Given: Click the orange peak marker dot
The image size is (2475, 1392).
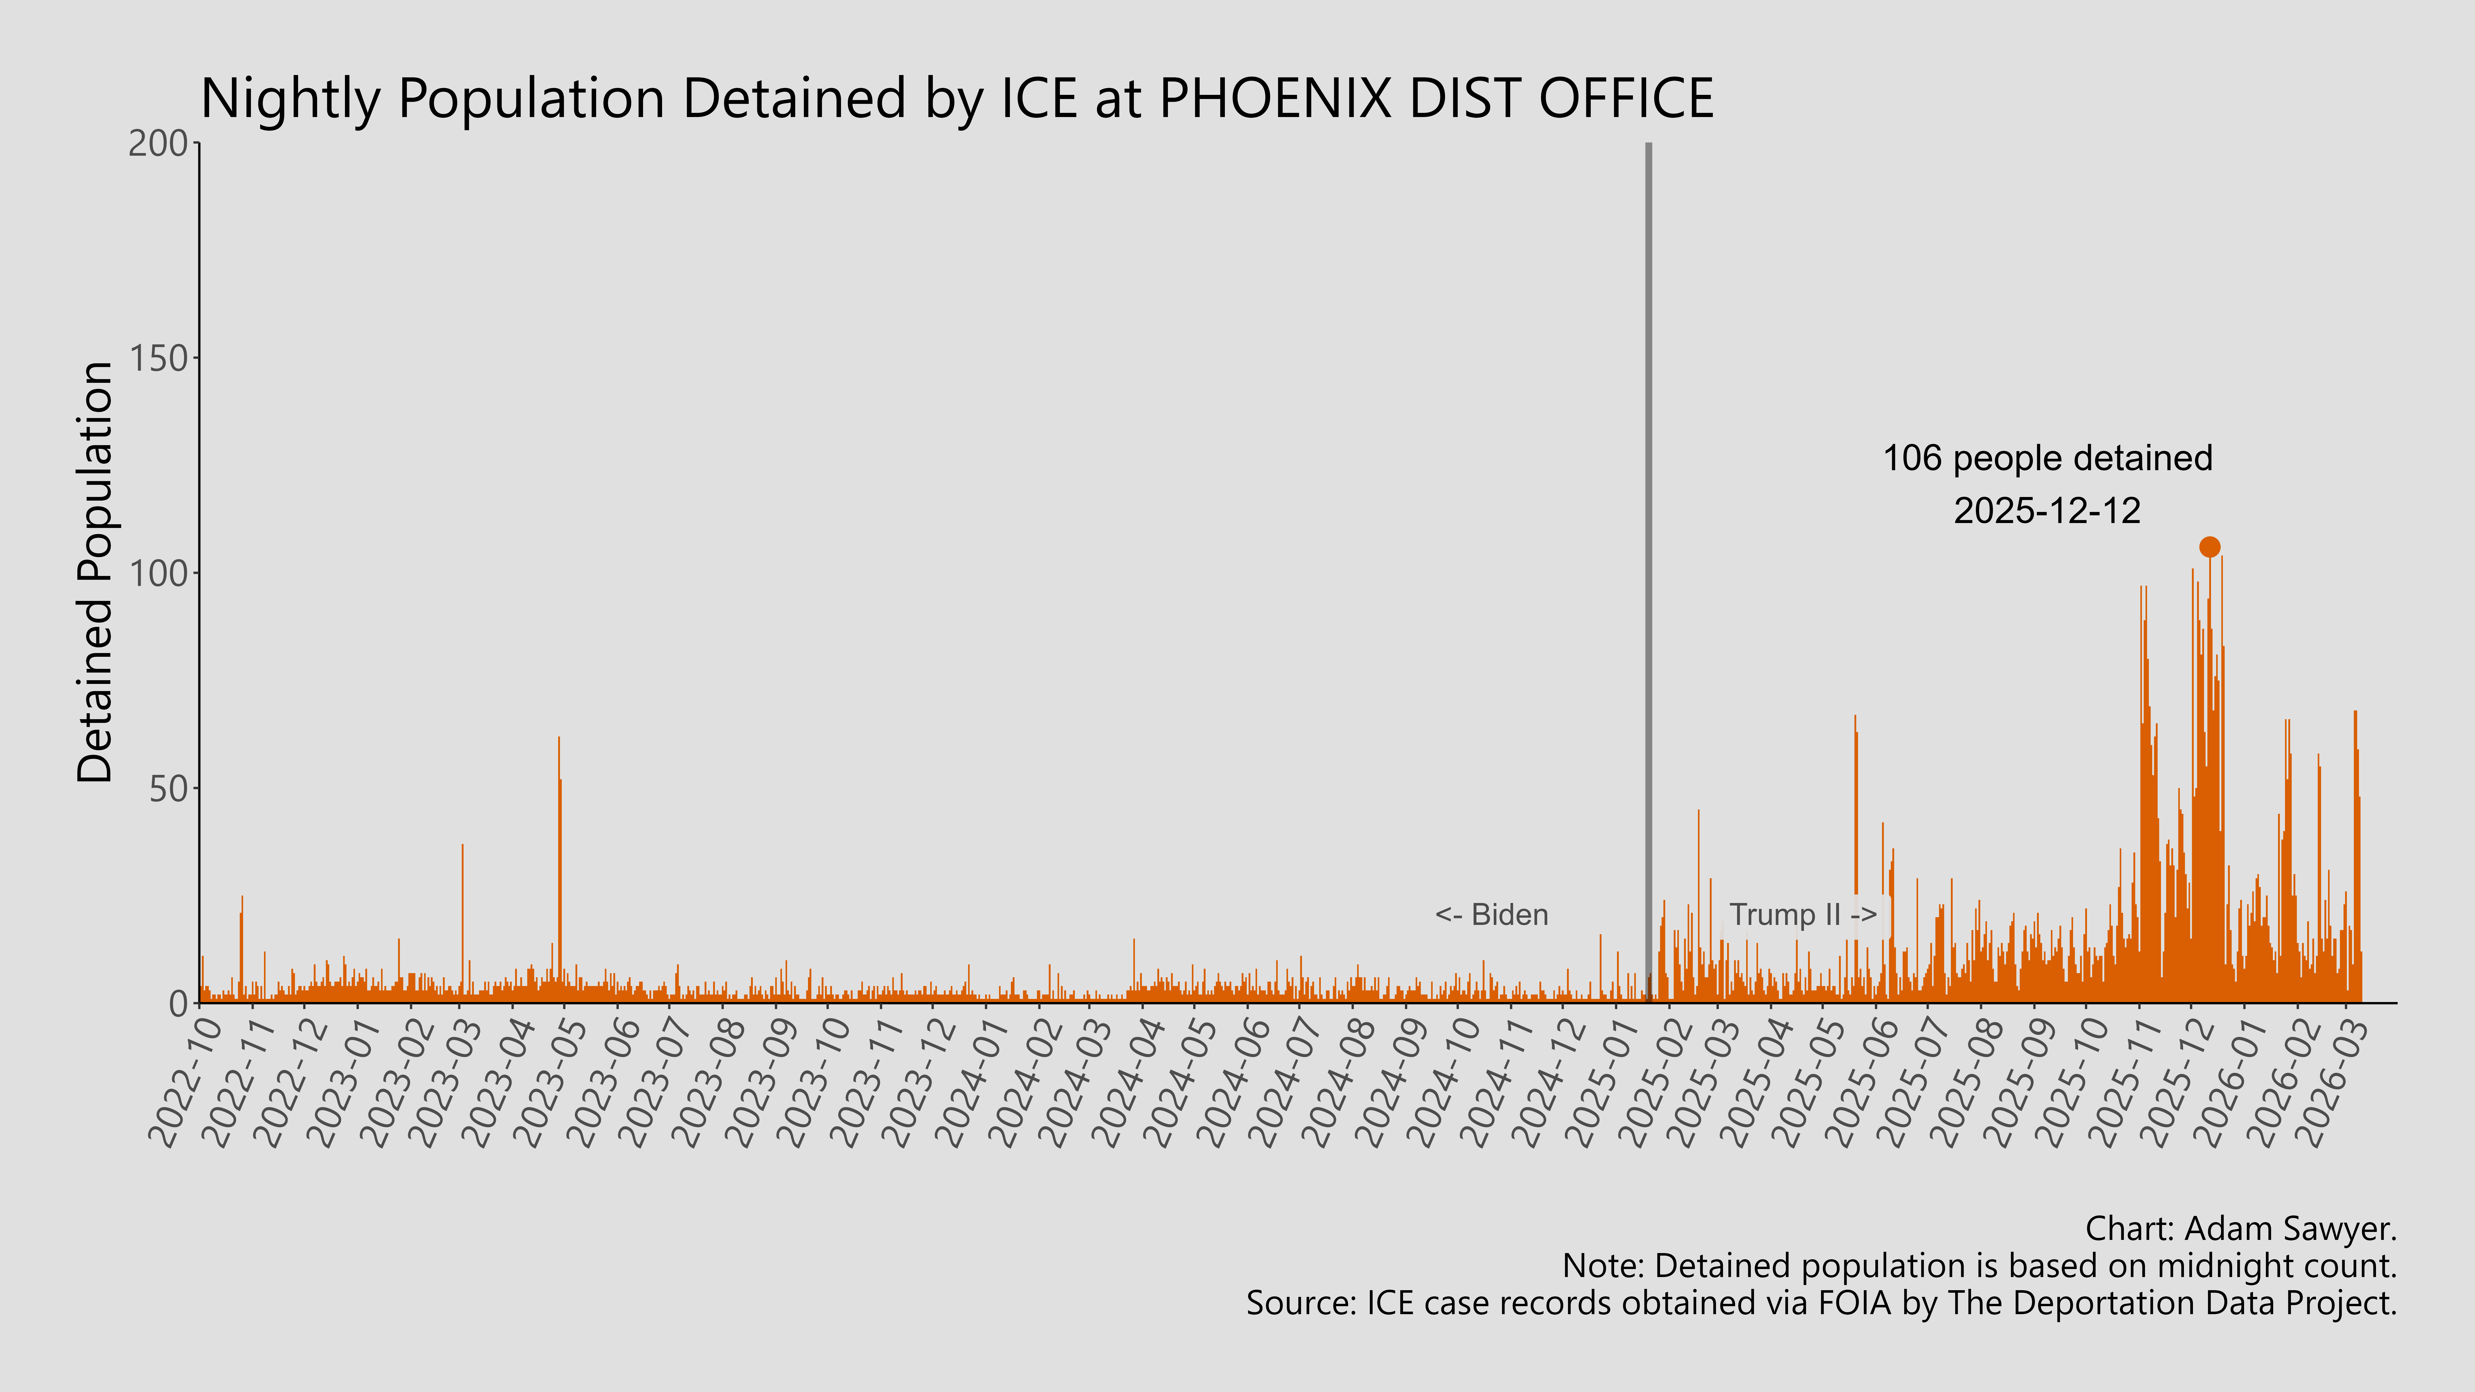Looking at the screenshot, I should pyautogui.click(x=2210, y=546).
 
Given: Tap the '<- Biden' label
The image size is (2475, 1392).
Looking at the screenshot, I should pyautogui.click(x=1491, y=915).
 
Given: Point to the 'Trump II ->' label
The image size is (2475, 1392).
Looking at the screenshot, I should pyautogui.click(x=1802, y=915).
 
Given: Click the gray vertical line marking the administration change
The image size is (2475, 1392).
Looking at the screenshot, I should pyautogui.click(x=1649, y=576).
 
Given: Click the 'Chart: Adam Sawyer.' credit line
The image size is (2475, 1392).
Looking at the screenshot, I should pyautogui.click(x=2241, y=1229).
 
